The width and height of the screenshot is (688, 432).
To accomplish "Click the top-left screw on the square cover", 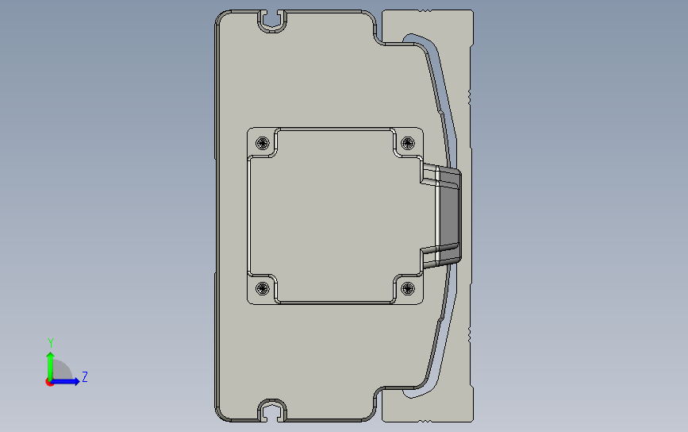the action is click(263, 143).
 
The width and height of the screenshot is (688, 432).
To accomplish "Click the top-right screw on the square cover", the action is click(408, 143).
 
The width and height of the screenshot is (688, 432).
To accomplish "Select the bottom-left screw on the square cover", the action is click(263, 288).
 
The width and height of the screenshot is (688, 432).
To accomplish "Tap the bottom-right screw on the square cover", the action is click(408, 288).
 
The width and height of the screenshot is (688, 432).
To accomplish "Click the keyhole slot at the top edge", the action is click(272, 21).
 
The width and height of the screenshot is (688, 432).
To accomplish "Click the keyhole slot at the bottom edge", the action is click(272, 411).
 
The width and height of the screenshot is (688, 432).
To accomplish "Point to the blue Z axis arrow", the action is click(65, 381).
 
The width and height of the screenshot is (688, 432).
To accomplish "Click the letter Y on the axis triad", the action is click(51, 342).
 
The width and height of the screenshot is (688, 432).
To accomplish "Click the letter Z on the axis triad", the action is click(85, 376).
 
